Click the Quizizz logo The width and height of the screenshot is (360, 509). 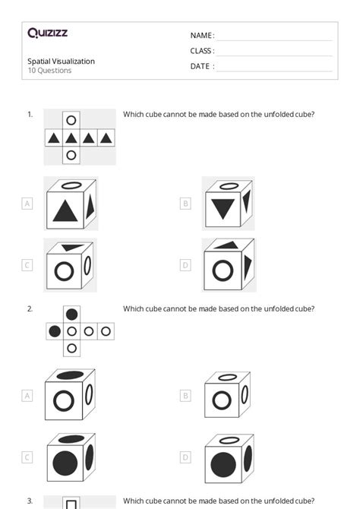pos(47,33)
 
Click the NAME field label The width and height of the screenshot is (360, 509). pos(201,36)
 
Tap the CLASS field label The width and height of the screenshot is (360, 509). pos(201,51)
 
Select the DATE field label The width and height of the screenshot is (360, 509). pos(201,66)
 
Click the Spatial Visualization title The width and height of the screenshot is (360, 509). pos(61,61)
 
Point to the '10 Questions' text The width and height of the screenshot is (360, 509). pos(49,71)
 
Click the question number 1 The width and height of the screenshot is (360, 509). pos(30,115)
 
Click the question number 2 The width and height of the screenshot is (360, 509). pos(30,308)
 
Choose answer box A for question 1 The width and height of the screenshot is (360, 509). pos(27,204)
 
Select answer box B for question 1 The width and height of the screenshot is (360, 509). pos(185,204)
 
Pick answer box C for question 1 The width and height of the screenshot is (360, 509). pos(27,265)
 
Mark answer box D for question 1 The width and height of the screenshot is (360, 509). pos(185,265)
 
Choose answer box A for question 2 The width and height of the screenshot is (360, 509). pos(27,396)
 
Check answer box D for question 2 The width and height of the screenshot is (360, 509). pos(185,457)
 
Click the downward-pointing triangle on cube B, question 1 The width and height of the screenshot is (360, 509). pos(222,207)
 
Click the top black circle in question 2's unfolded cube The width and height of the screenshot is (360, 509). pos(71,314)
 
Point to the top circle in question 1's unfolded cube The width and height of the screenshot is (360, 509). pos(71,120)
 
